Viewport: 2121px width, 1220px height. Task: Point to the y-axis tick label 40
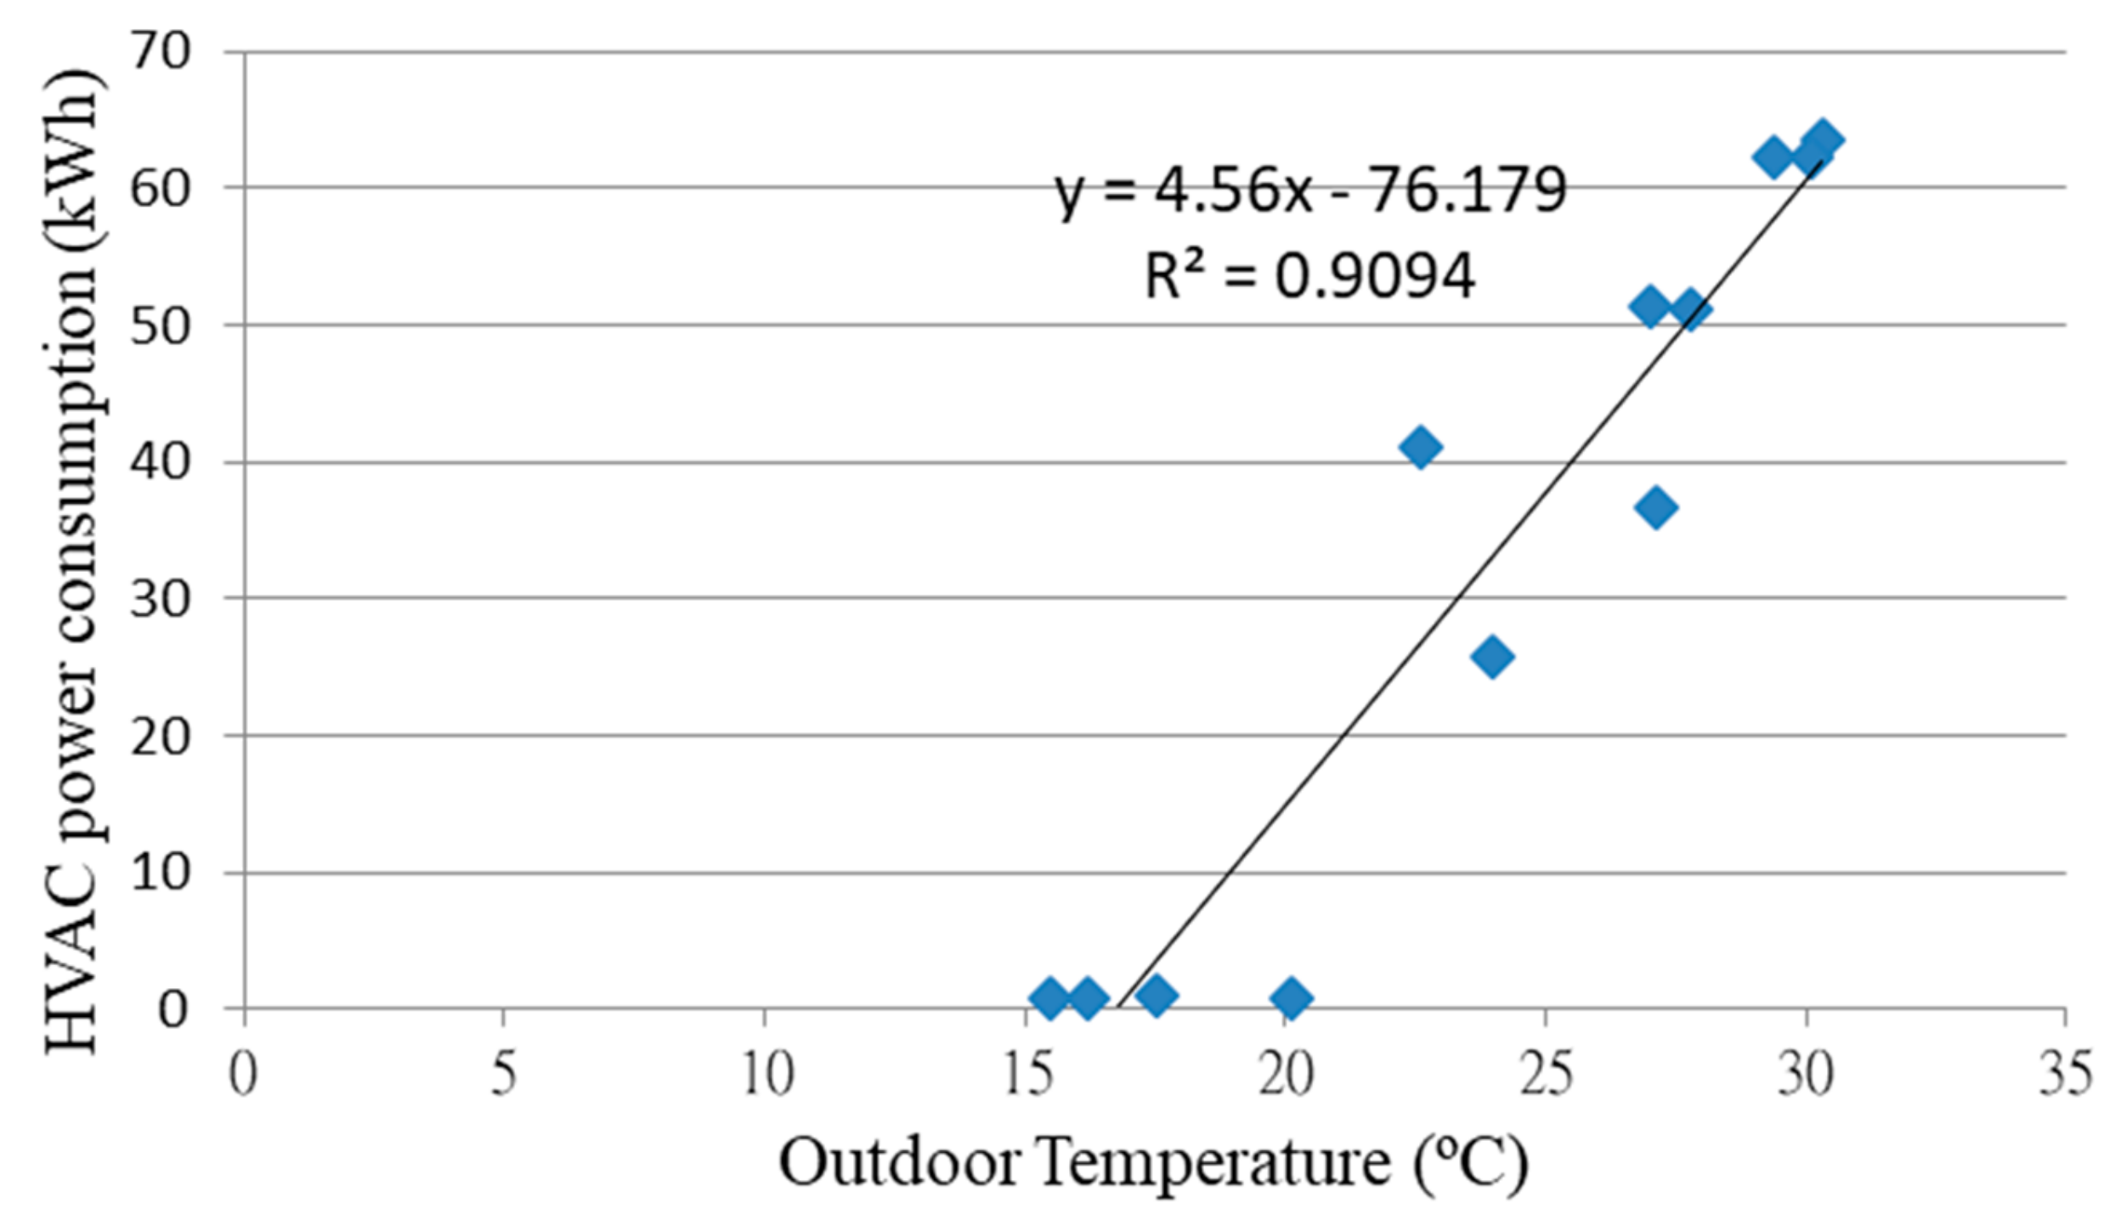[x=160, y=462]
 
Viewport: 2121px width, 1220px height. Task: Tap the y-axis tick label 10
[x=160, y=873]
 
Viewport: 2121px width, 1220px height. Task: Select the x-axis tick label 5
[x=503, y=1074]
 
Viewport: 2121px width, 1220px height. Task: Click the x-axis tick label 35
[x=2064, y=1074]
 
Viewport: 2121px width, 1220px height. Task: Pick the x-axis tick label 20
[x=1285, y=1074]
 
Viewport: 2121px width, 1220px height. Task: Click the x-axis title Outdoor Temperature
[x=1152, y=1162]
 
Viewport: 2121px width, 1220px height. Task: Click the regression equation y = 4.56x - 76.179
[x=1309, y=190]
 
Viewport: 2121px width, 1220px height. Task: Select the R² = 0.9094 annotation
[x=1309, y=275]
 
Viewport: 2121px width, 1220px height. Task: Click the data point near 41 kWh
[x=1419, y=447]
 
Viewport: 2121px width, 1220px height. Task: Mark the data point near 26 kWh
[x=1491, y=656]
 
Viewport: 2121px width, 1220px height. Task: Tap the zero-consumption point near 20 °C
[x=1292, y=998]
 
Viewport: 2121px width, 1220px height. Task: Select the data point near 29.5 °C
[x=1773, y=157]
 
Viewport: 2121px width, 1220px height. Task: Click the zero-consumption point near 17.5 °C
[x=1156, y=995]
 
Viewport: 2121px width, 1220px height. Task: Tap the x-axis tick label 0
[x=243, y=1074]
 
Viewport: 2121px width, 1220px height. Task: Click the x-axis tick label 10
[x=765, y=1074]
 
